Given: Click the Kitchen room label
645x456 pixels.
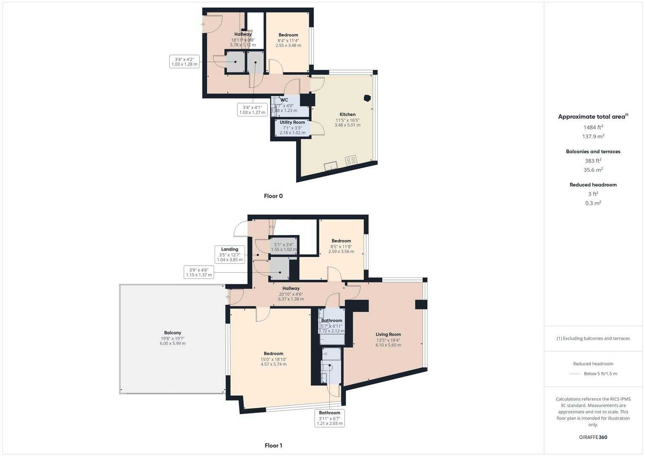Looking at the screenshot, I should (347, 114).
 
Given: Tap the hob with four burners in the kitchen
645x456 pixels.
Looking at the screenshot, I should (351, 160).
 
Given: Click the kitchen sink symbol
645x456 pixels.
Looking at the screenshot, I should (330, 166).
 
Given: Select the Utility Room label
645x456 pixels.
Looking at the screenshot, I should (292, 122).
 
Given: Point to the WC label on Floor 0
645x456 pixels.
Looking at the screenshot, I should (284, 100).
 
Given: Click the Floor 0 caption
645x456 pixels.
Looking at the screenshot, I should (273, 196).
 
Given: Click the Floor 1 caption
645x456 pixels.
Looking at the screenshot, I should (273, 445).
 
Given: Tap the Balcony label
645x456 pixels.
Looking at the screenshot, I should (172, 333).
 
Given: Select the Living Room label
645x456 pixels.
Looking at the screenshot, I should (388, 334).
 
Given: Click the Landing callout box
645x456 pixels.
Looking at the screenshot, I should (229, 255).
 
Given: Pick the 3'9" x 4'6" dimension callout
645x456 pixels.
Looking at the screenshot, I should (199, 272).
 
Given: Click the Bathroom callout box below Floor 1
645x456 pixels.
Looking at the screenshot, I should (329, 418).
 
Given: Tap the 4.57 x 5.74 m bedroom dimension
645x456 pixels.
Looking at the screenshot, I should (273, 364).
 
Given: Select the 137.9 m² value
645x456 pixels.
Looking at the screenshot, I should (593, 136).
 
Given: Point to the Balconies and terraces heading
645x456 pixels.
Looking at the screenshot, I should (593, 152).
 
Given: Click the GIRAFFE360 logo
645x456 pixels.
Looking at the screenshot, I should (593, 437).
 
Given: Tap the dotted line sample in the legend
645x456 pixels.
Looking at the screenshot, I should (575, 374).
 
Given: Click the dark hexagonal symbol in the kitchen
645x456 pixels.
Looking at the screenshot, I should (367, 98).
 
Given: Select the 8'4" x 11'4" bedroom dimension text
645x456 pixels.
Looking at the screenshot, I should (288, 41).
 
